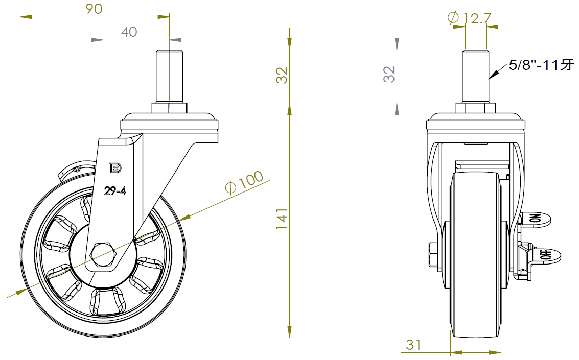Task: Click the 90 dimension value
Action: [x=94, y=9]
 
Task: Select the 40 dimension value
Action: [x=129, y=32]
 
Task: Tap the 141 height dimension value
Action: [x=282, y=219]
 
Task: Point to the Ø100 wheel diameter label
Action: [x=244, y=182]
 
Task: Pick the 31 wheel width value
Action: [x=413, y=345]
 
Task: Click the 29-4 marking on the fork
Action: [x=115, y=191]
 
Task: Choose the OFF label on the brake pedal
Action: [x=546, y=254]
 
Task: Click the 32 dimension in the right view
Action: [x=389, y=75]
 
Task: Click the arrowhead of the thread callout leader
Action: [x=491, y=77]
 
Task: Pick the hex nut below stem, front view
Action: [x=475, y=108]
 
